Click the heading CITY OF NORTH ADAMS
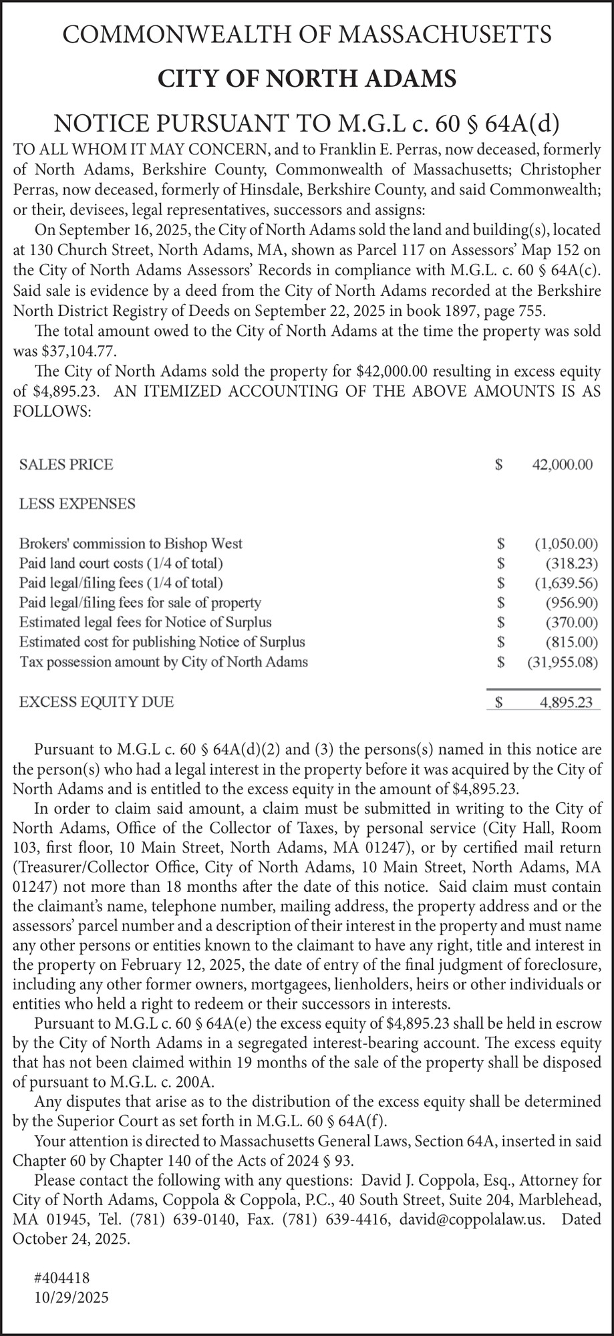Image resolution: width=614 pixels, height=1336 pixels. pos(307,79)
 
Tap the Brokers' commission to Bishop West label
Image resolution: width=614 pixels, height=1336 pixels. pos(131,543)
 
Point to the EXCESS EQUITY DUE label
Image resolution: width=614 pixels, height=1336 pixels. pos(97,702)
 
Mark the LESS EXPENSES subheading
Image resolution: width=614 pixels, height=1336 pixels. pos(78,504)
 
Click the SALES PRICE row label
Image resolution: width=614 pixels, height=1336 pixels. pos(66,464)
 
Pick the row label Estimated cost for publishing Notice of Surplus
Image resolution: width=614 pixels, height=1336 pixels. pos(162,642)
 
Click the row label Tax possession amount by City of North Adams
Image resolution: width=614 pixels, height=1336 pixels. pos(164,662)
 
